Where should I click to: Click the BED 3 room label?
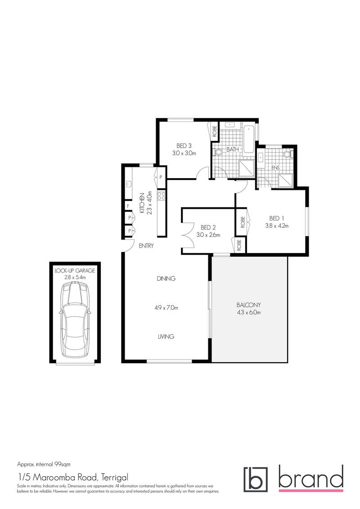click(x=184, y=145)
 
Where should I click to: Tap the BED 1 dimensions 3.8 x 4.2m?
click(x=275, y=226)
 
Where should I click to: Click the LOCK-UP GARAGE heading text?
click(x=75, y=271)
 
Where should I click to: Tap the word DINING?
click(x=166, y=279)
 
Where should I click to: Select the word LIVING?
click(x=166, y=337)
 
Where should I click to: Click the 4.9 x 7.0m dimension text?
click(x=166, y=308)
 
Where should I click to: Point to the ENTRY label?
click(x=147, y=246)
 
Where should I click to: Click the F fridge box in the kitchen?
click(x=128, y=206)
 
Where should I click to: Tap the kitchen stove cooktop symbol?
click(x=161, y=196)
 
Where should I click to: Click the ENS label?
click(x=276, y=168)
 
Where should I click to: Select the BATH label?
click(x=232, y=149)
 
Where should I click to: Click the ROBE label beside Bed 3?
click(x=214, y=131)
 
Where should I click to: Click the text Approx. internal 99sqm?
click(x=43, y=463)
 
